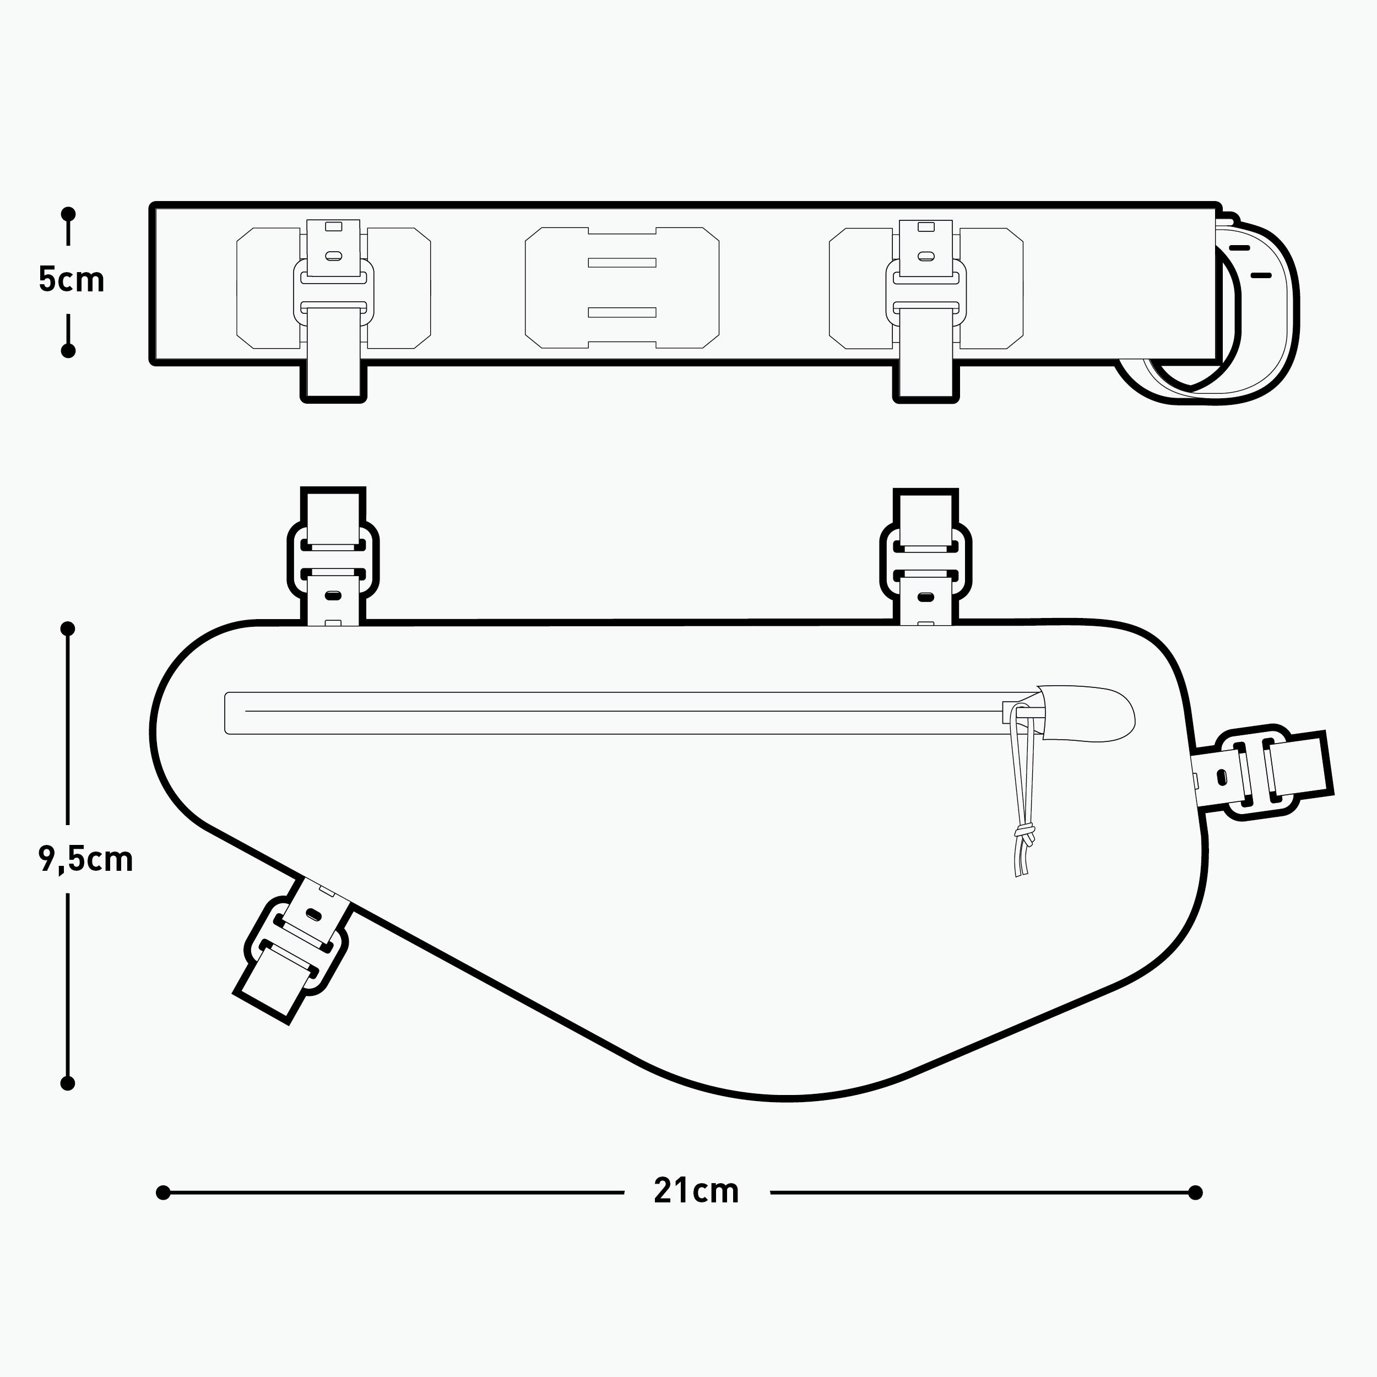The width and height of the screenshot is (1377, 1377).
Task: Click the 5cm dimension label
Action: point(71,280)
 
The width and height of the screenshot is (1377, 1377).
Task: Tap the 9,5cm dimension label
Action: point(85,860)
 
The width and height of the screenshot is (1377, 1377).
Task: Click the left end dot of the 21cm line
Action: point(163,1192)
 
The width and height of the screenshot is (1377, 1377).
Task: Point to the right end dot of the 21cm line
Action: point(1196,1192)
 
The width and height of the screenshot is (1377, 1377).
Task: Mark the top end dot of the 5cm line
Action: point(68,214)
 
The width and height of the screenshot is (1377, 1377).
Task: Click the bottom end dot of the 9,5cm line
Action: point(68,1083)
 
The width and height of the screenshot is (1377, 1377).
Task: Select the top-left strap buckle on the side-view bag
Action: point(333,560)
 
